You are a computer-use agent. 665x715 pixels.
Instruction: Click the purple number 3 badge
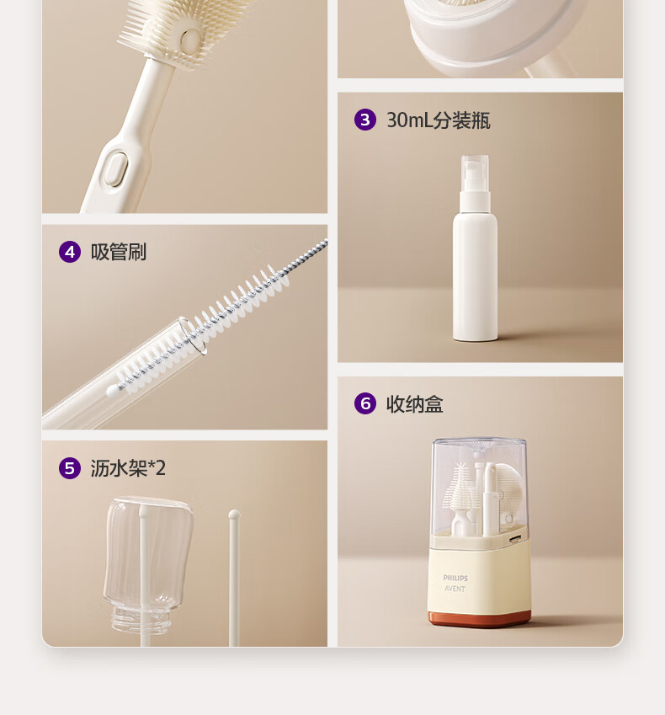[x=364, y=120]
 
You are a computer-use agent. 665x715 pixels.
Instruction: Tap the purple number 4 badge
[x=69, y=251]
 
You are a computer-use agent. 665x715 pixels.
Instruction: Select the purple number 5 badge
[x=69, y=467]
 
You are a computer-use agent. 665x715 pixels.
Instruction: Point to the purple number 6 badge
[x=364, y=403]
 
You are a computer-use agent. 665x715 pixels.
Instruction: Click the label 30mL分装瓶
[x=438, y=120]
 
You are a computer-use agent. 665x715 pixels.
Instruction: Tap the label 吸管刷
[x=119, y=252]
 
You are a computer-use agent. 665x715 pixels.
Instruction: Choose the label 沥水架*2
[x=128, y=468]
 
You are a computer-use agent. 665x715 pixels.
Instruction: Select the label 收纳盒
[x=414, y=404]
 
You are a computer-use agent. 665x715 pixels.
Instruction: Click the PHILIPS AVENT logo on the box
[x=455, y=583]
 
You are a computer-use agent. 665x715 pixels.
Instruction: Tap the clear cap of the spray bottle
[x=475, y=173]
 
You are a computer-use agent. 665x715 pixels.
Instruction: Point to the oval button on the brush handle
[x=115, y=168]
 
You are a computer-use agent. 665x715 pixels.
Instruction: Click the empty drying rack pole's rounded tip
[x=234, y=513]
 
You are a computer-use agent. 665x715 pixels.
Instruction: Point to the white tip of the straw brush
[x=110, y=392]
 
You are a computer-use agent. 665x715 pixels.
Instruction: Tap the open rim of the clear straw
[x=191, y=335]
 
